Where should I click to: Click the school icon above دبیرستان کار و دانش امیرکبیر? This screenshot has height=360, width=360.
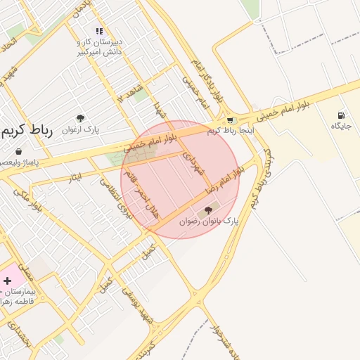[99, 31]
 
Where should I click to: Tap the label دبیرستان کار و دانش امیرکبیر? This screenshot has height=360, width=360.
[99, 47]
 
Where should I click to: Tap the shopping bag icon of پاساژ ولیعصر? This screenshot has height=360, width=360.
[18, 151]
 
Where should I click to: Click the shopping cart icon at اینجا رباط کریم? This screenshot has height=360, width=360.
[230, 120]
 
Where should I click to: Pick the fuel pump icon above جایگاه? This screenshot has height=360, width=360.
[341, 115]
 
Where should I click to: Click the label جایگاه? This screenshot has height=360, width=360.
[341, 126]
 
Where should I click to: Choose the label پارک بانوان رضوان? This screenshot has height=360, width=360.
[208, 220]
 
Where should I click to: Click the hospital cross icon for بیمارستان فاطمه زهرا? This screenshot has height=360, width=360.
[8, 281]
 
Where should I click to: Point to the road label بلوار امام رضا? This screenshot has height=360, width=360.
[224, 180]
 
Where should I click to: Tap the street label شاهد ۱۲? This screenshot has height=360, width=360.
[131, 91]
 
